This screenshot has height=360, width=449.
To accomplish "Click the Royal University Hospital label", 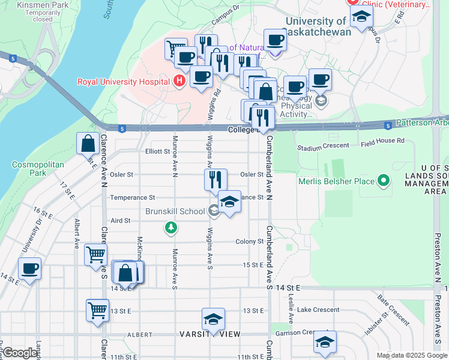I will [123, 82].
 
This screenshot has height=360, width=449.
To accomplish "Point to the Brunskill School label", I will [175, 211].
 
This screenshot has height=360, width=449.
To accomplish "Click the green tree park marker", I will [172, 228].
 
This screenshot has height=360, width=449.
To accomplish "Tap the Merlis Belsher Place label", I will [337, 181].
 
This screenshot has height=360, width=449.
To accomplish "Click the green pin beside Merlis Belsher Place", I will [382, 180].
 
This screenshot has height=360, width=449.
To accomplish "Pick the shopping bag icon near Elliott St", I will [88, 144].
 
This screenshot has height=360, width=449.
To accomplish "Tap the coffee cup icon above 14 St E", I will [29, 269].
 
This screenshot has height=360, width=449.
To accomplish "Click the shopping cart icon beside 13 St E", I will [97, 311].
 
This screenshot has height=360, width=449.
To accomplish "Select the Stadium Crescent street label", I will [324, 146].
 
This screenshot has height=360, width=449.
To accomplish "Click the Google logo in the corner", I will [19, 353].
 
